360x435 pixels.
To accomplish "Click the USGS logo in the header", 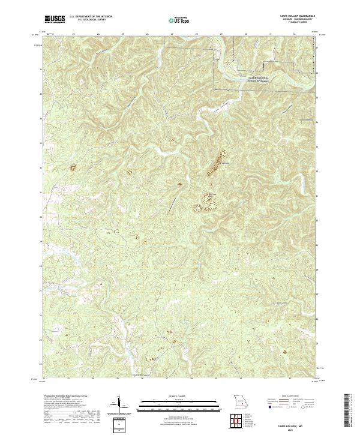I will [x=54, y=19].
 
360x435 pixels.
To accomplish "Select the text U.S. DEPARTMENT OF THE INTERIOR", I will [x=91, y=16].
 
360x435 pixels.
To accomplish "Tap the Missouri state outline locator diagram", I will [x=241, y=400].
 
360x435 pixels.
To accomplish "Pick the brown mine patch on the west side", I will [x=74, y=167].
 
